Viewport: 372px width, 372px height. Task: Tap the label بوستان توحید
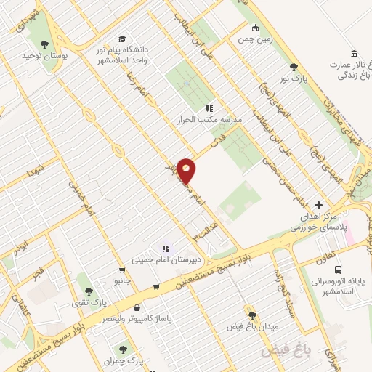39,55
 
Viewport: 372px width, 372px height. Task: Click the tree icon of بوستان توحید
46,44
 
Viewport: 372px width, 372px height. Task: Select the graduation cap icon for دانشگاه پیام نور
122,39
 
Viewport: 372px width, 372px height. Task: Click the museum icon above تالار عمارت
354,54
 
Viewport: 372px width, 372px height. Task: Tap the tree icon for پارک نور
294,66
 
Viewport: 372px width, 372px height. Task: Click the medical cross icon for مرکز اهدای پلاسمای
319,206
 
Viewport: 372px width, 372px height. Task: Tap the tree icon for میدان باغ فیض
252,315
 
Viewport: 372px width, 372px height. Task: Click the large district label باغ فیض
286,352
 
